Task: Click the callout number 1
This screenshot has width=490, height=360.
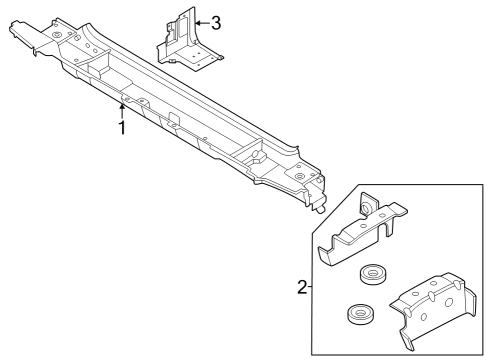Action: pos(122,129)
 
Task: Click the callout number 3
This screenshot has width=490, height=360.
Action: pos(216,21)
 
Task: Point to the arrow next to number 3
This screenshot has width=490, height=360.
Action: pos(200,21)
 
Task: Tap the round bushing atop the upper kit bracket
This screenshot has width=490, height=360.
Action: pos(366,207)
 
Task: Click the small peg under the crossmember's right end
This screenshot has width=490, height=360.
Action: pos(319,211)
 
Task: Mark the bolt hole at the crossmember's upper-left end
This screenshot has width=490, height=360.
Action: pos(58,36)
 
